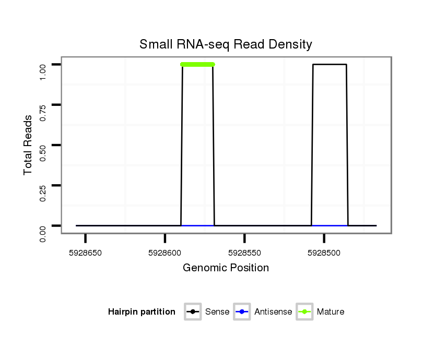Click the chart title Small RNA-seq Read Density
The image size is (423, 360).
coord(226,44)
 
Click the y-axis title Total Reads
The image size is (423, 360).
coord(28,145)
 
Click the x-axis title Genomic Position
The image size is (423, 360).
coord(226,268)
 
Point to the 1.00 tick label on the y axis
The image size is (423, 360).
coord(43,65)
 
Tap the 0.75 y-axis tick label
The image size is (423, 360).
coord(43,105)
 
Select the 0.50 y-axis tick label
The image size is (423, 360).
coord(43,145)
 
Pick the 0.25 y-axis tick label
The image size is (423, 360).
coord(43,185)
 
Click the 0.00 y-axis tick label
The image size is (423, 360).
coord(43,225)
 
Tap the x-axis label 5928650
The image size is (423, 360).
coord(86,253)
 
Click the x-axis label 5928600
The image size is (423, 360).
coord(165,253)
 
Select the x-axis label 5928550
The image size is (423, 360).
coord(244,253)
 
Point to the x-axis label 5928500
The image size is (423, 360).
coord(324,253)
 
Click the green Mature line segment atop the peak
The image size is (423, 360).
coord(197,65)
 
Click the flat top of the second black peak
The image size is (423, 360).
coord(330,65)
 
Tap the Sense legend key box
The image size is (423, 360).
coord(193,312)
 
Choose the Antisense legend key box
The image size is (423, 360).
coord(242,312)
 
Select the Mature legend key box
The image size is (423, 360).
coord(304,312)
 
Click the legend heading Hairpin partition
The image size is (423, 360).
coord(142,312)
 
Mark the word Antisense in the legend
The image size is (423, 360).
coord(273,312)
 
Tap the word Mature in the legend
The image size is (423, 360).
coord(331,312)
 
